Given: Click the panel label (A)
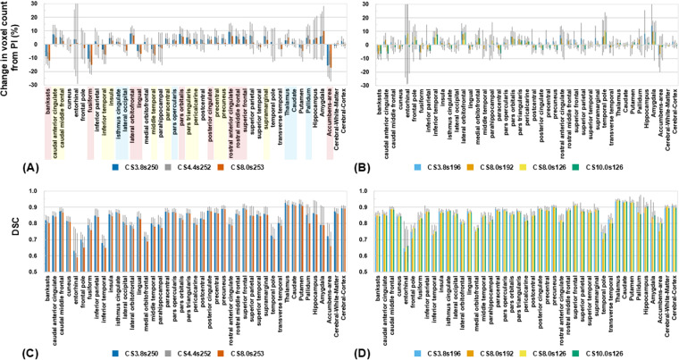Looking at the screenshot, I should [13, 167].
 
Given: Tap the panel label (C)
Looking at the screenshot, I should [13, 352].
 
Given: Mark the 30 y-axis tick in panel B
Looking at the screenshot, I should [368, 4].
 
